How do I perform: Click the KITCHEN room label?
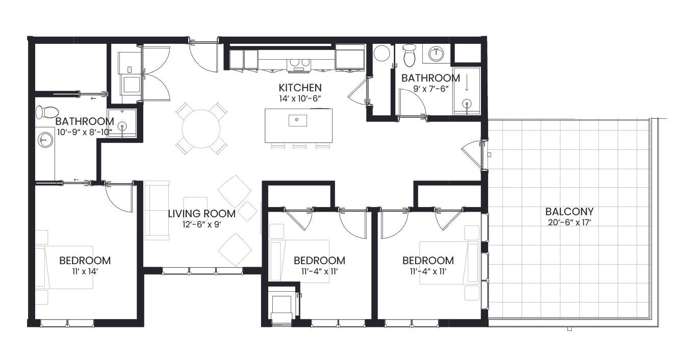point(300,88)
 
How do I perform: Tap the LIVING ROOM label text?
point(202,214)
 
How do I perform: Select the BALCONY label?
point(570,212)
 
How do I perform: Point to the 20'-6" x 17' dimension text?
point(570,222)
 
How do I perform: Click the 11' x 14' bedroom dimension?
point(85,272)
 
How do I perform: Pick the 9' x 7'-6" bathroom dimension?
point(431,89)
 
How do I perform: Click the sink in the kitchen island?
point(297,120)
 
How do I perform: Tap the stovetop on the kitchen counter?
point(299,64)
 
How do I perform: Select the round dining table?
point(201,128)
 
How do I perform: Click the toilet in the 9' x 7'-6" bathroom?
point(409,55)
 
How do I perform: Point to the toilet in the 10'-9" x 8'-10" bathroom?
point(47,112)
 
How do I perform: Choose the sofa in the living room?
point(157,210)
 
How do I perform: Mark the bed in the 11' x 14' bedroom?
point(64,267)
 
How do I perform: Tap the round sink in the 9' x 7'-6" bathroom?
point(436,55)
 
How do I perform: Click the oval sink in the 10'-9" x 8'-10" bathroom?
point(45,140)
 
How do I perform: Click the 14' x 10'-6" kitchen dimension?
point(300,99)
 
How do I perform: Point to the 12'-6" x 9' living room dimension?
point(202,224)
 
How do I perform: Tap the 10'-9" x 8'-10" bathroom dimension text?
point(85,133)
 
